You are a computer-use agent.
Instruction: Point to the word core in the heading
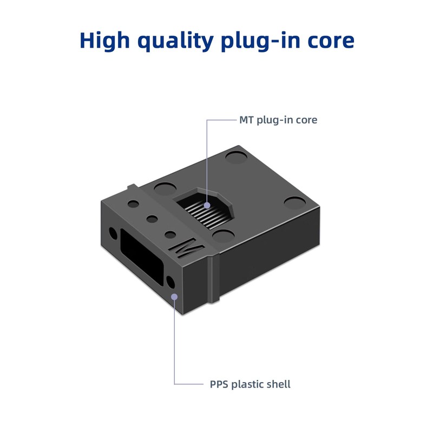click(x=330, y=41)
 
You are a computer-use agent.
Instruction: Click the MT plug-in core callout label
click(x=278, y=120)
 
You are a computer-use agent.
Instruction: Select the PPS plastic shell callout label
click(x=250, y=384)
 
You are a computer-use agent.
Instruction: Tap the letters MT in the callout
click(x=246, y=120)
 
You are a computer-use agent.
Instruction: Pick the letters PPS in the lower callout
click(x=219, y=384)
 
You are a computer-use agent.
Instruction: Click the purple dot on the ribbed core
click(x=207, y=206)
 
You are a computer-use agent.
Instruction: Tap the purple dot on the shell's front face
click(x=174, y=296)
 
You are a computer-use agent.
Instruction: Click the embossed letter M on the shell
click(x=186, y=250)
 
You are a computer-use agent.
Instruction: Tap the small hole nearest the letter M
click(x=170, y=235)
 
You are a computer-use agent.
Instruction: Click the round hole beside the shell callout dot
click(x=170, y=281)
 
